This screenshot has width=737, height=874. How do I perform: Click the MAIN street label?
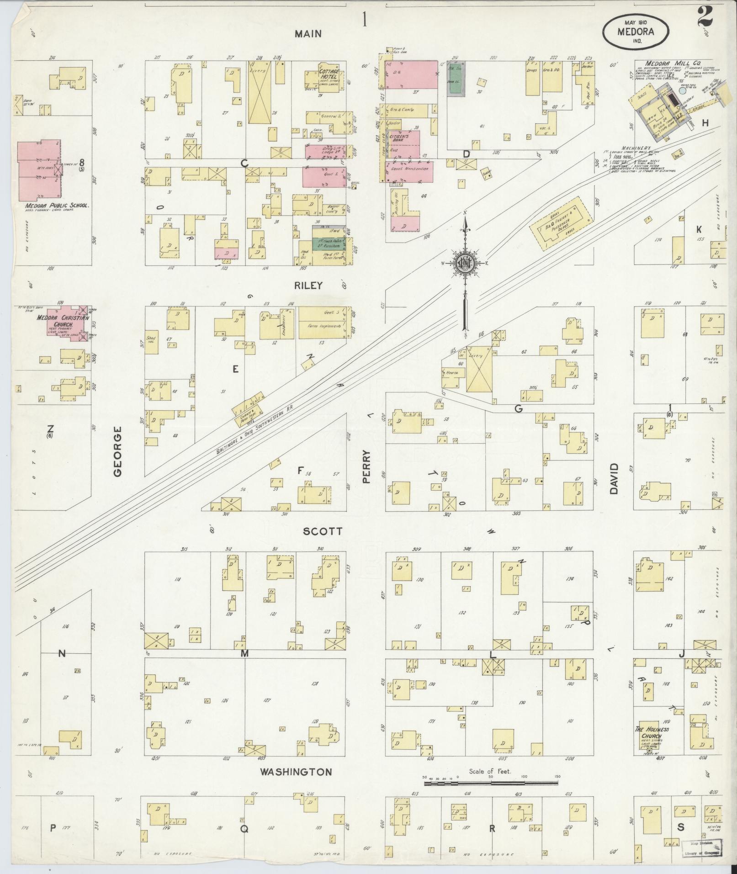pyautogui.click(x=308, y=33)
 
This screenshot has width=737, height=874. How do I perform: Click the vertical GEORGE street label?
pyautogui.click(x=118, y=451)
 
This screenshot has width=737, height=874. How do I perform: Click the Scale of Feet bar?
pyautogui.click(x=491, y=783)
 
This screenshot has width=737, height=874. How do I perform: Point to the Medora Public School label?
pyautogui.click(x=57, y=206)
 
